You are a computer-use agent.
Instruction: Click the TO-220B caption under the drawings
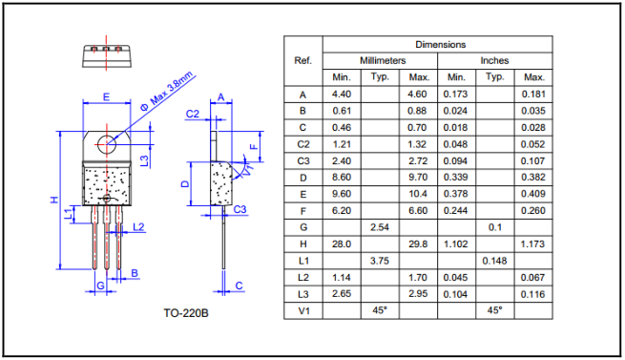point(186,313)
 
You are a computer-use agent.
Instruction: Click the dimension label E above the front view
point(107,97)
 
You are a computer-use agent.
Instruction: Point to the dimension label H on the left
point(54,200)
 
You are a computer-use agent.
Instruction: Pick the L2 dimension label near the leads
point(138,227)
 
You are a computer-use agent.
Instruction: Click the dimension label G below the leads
point(100,286)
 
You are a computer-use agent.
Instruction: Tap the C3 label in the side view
point(240,209)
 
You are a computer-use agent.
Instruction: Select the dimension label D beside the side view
point(185,184)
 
